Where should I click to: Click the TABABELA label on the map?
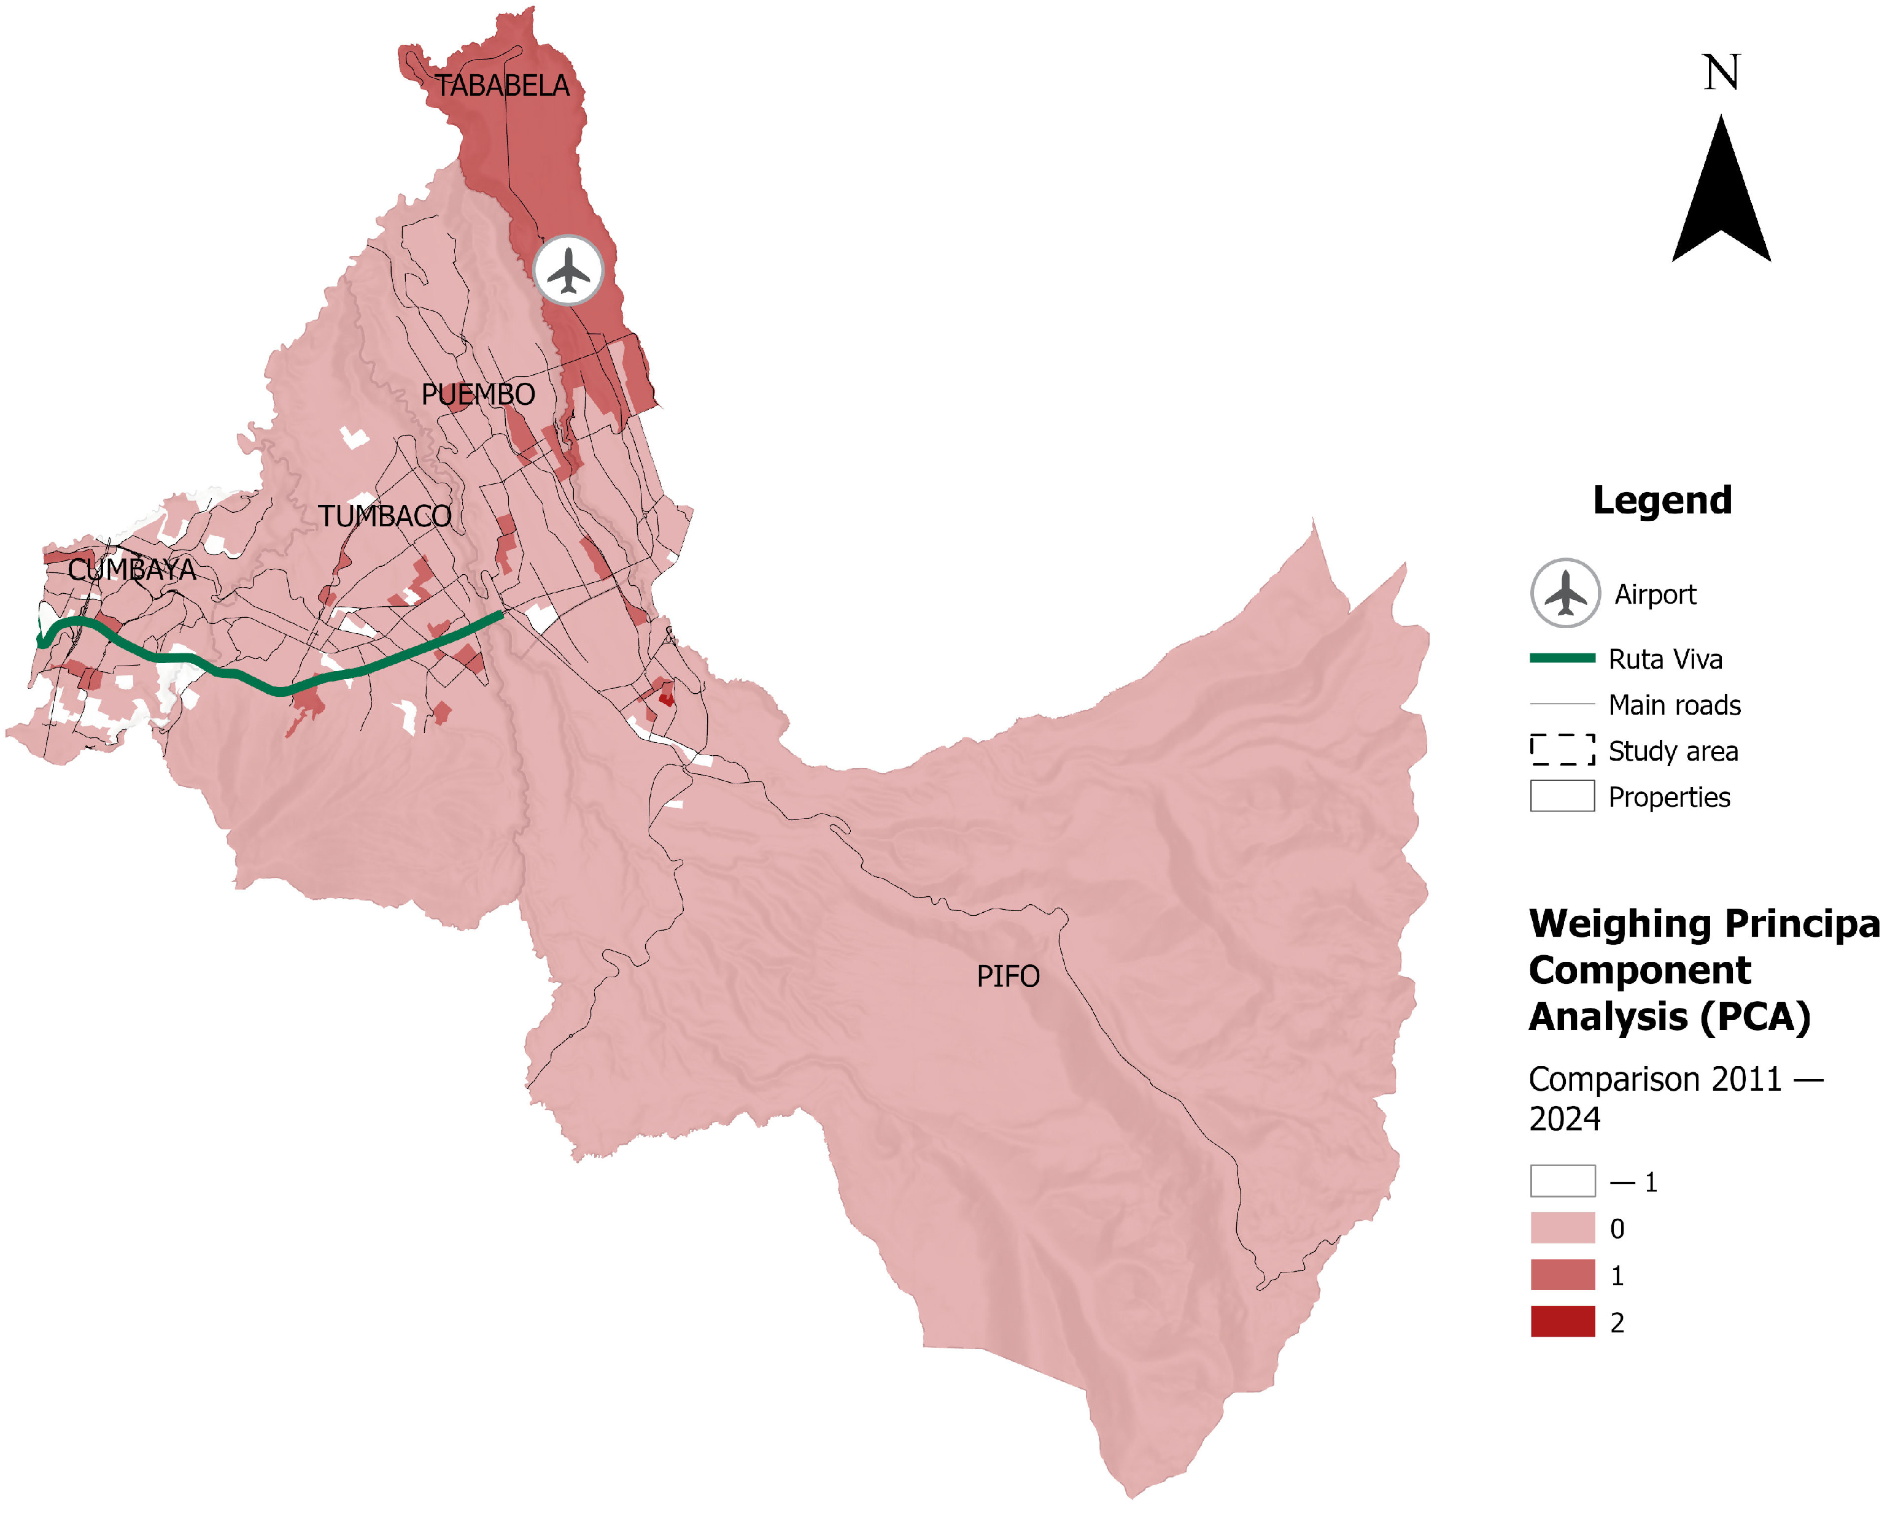502,86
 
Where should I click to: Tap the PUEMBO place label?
478,394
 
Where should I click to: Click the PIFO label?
1008,976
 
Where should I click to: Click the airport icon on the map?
569,270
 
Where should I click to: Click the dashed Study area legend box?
1562,750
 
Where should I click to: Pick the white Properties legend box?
1562,796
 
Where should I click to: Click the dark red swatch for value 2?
1562,1321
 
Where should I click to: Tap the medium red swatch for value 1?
1562,1275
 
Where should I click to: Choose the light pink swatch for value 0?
1562,1228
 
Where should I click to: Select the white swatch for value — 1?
1562,1180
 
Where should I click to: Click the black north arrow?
1721,197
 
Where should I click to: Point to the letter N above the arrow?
1721,73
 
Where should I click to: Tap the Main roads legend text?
1675,704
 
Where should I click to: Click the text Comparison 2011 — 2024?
1675,1099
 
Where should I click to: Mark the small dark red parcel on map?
666,698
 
